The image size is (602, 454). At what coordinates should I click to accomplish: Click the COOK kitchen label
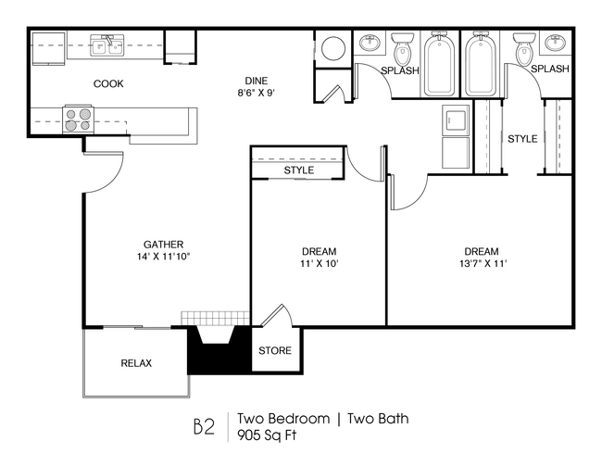[108, 84]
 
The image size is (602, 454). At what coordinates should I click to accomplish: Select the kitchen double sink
[108, 44]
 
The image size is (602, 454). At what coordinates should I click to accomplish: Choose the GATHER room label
[162, 245]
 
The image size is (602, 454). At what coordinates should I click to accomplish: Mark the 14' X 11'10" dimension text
[162, 257]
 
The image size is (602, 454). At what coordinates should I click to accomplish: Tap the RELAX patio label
[136, 363]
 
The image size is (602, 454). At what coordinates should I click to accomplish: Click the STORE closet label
[274, 351]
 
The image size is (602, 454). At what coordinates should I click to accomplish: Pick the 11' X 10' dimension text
[319, 264]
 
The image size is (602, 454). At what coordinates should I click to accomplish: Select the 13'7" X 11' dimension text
[481, 264]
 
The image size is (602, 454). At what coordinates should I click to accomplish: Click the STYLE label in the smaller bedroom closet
[298, 170]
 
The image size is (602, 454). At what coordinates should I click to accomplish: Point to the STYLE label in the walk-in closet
[522, 139]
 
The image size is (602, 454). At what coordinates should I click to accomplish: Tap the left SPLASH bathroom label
[400, 70]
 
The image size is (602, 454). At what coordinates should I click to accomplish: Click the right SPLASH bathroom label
[550, 69]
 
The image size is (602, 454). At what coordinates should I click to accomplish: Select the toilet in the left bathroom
[404, 48]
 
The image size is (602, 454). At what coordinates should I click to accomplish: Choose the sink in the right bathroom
[523, 43]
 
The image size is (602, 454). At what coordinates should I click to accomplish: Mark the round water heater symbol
[331, 47]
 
